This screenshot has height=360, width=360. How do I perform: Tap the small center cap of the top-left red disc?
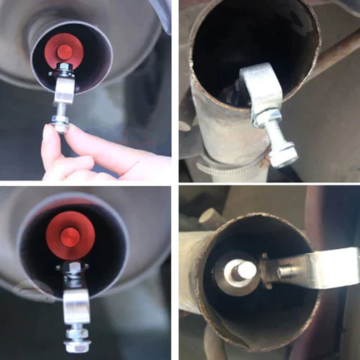pyautogui.click(x=64, y=52)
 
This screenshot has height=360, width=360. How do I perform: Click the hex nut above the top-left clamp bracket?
pyautogui.click(x=64, y=70)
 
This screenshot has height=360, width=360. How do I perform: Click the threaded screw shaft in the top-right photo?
pyautogui.click(x=274, y=135)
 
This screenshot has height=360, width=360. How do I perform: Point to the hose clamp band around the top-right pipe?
pyautogui.click(x=225, y=169)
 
